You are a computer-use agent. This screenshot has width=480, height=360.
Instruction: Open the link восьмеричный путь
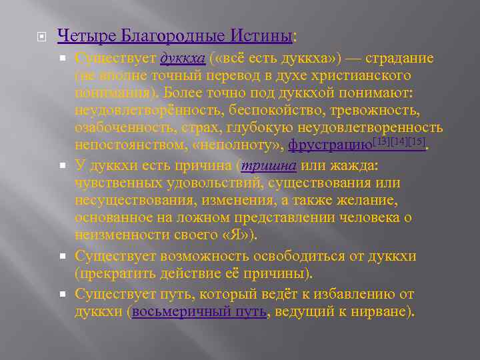point(200,311)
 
